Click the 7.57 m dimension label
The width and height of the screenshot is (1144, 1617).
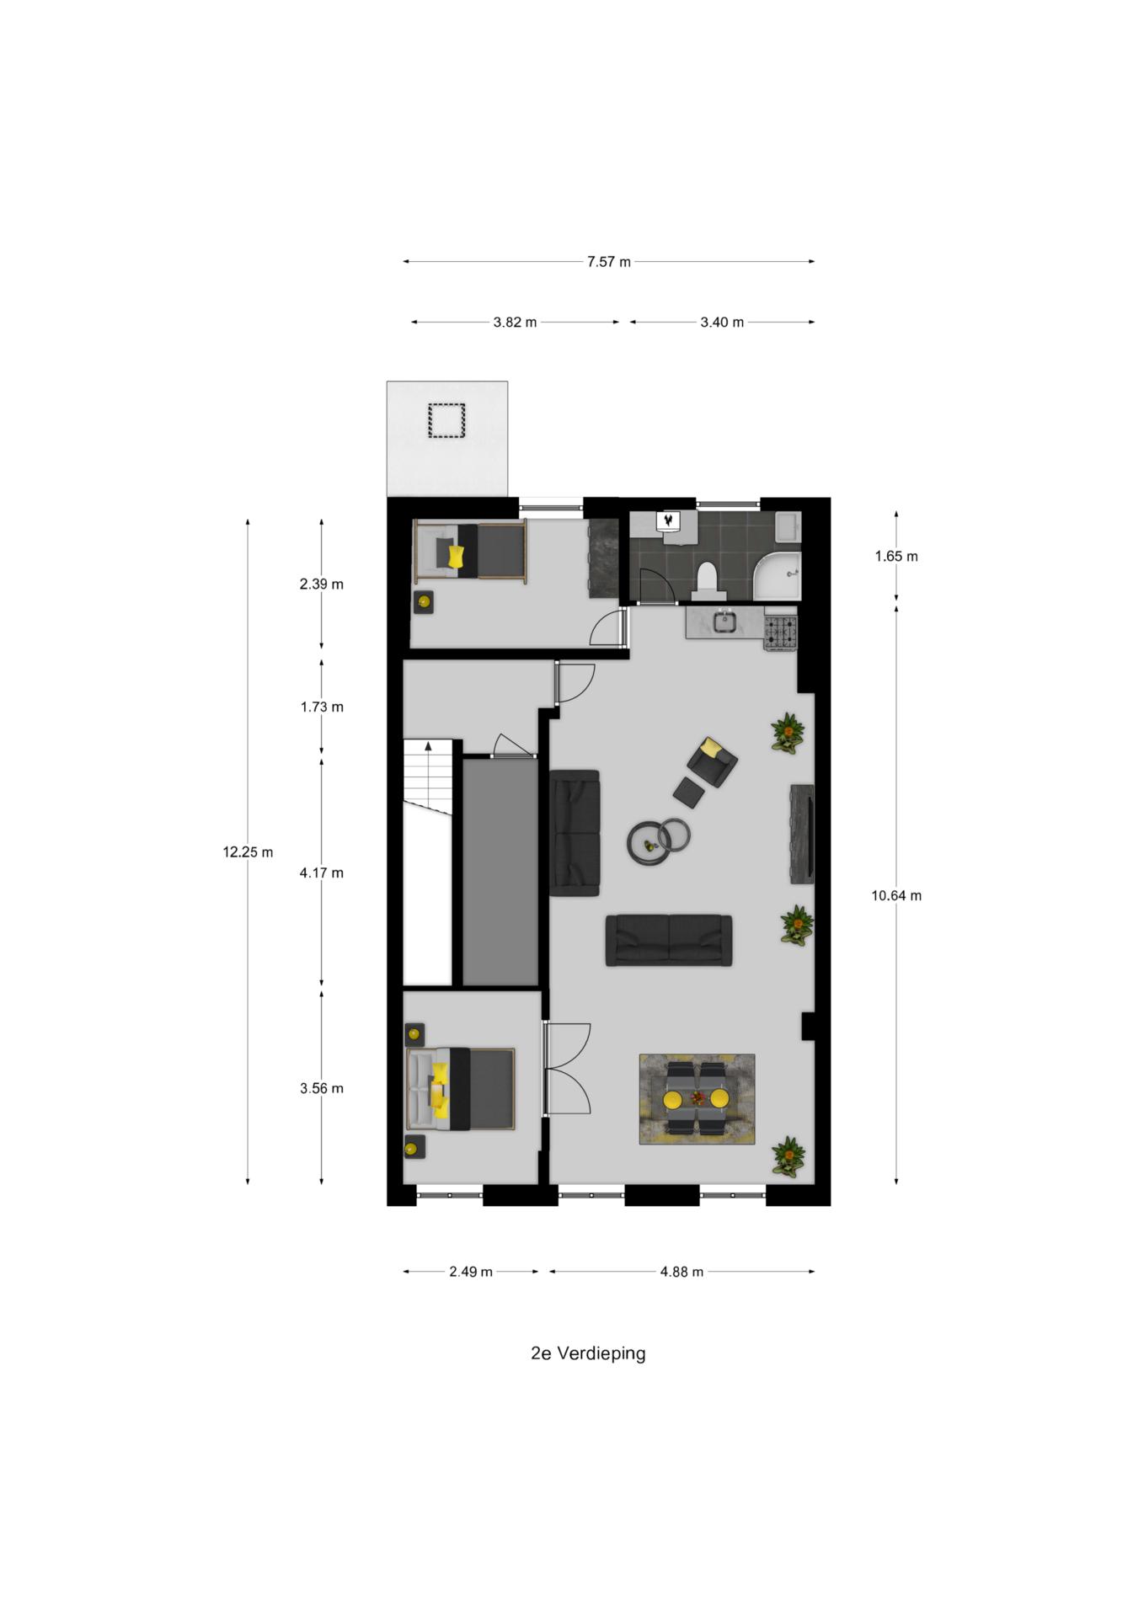tap(608, 262)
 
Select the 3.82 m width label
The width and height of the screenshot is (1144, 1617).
tap(515, 323)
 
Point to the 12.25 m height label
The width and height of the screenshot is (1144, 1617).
tap(248, 852)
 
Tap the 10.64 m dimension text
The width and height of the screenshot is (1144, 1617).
tap(896, 896)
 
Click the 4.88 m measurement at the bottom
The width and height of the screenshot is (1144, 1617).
tap(682, 1272)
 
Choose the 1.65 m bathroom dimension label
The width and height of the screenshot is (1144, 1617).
tap(896, 556)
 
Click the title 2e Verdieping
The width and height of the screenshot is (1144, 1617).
tap(588, 1353)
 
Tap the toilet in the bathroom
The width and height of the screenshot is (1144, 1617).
tap(706, 580)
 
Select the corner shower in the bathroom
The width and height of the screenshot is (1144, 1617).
tap(776, 577)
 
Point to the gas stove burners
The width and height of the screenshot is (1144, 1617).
tap(780, 632)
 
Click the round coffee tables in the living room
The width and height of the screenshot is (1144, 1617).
tap(659, 841)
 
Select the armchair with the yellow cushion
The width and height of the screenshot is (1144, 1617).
tap(712, 759)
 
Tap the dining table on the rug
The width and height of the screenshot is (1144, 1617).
tap(696, 1098)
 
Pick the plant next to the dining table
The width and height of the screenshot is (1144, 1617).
tap(789, 1155)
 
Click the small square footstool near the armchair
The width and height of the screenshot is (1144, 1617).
tap(690, 792)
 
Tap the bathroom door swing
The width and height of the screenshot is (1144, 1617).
tap(658, 586)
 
